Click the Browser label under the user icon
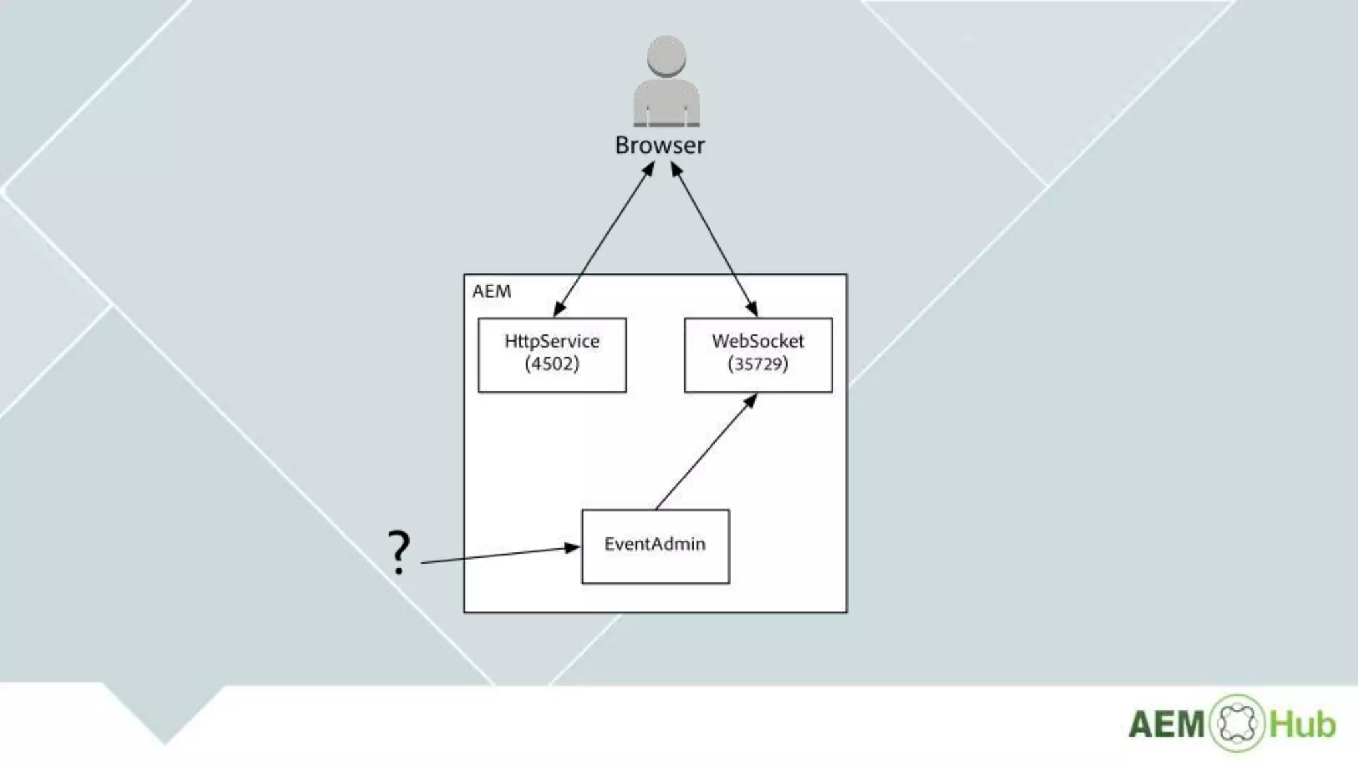(659, 145)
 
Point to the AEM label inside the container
(491, 292)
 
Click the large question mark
(399, 552)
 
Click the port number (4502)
(552, 364)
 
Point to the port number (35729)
(758, 364)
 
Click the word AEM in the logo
(1166, 724)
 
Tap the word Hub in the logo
(1302, 724)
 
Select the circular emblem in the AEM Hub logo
(1237, 723)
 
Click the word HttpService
(552, 341)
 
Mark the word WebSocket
(758, 341)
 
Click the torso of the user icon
(666, 103)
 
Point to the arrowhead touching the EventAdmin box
(572, 548)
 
